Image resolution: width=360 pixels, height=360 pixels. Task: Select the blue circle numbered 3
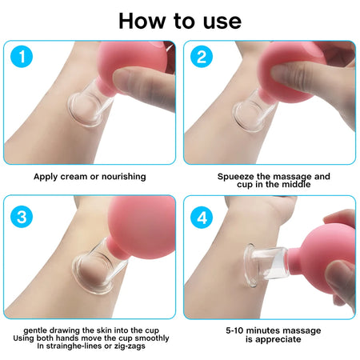coord(26,215)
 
